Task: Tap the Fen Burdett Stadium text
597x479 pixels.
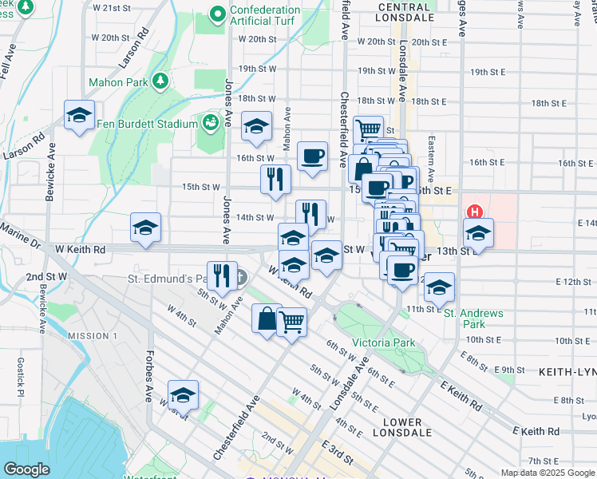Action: pyautogui.click(x=147, y=124)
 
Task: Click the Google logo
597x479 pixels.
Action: pyautogui.click(x=27, y=469)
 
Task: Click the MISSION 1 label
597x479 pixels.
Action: pyautogui.click(x=93, y=336)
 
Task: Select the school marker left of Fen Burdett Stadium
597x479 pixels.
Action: pyautogui.click(x=80, y=116)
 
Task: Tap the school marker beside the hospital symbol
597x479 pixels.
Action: pyautogui.click(x=478, y=232)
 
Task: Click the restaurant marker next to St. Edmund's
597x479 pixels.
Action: pyautogui.click(x=222, y=275)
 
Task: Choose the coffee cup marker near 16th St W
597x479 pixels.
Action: pyautogui.click(x=313, y=155)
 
